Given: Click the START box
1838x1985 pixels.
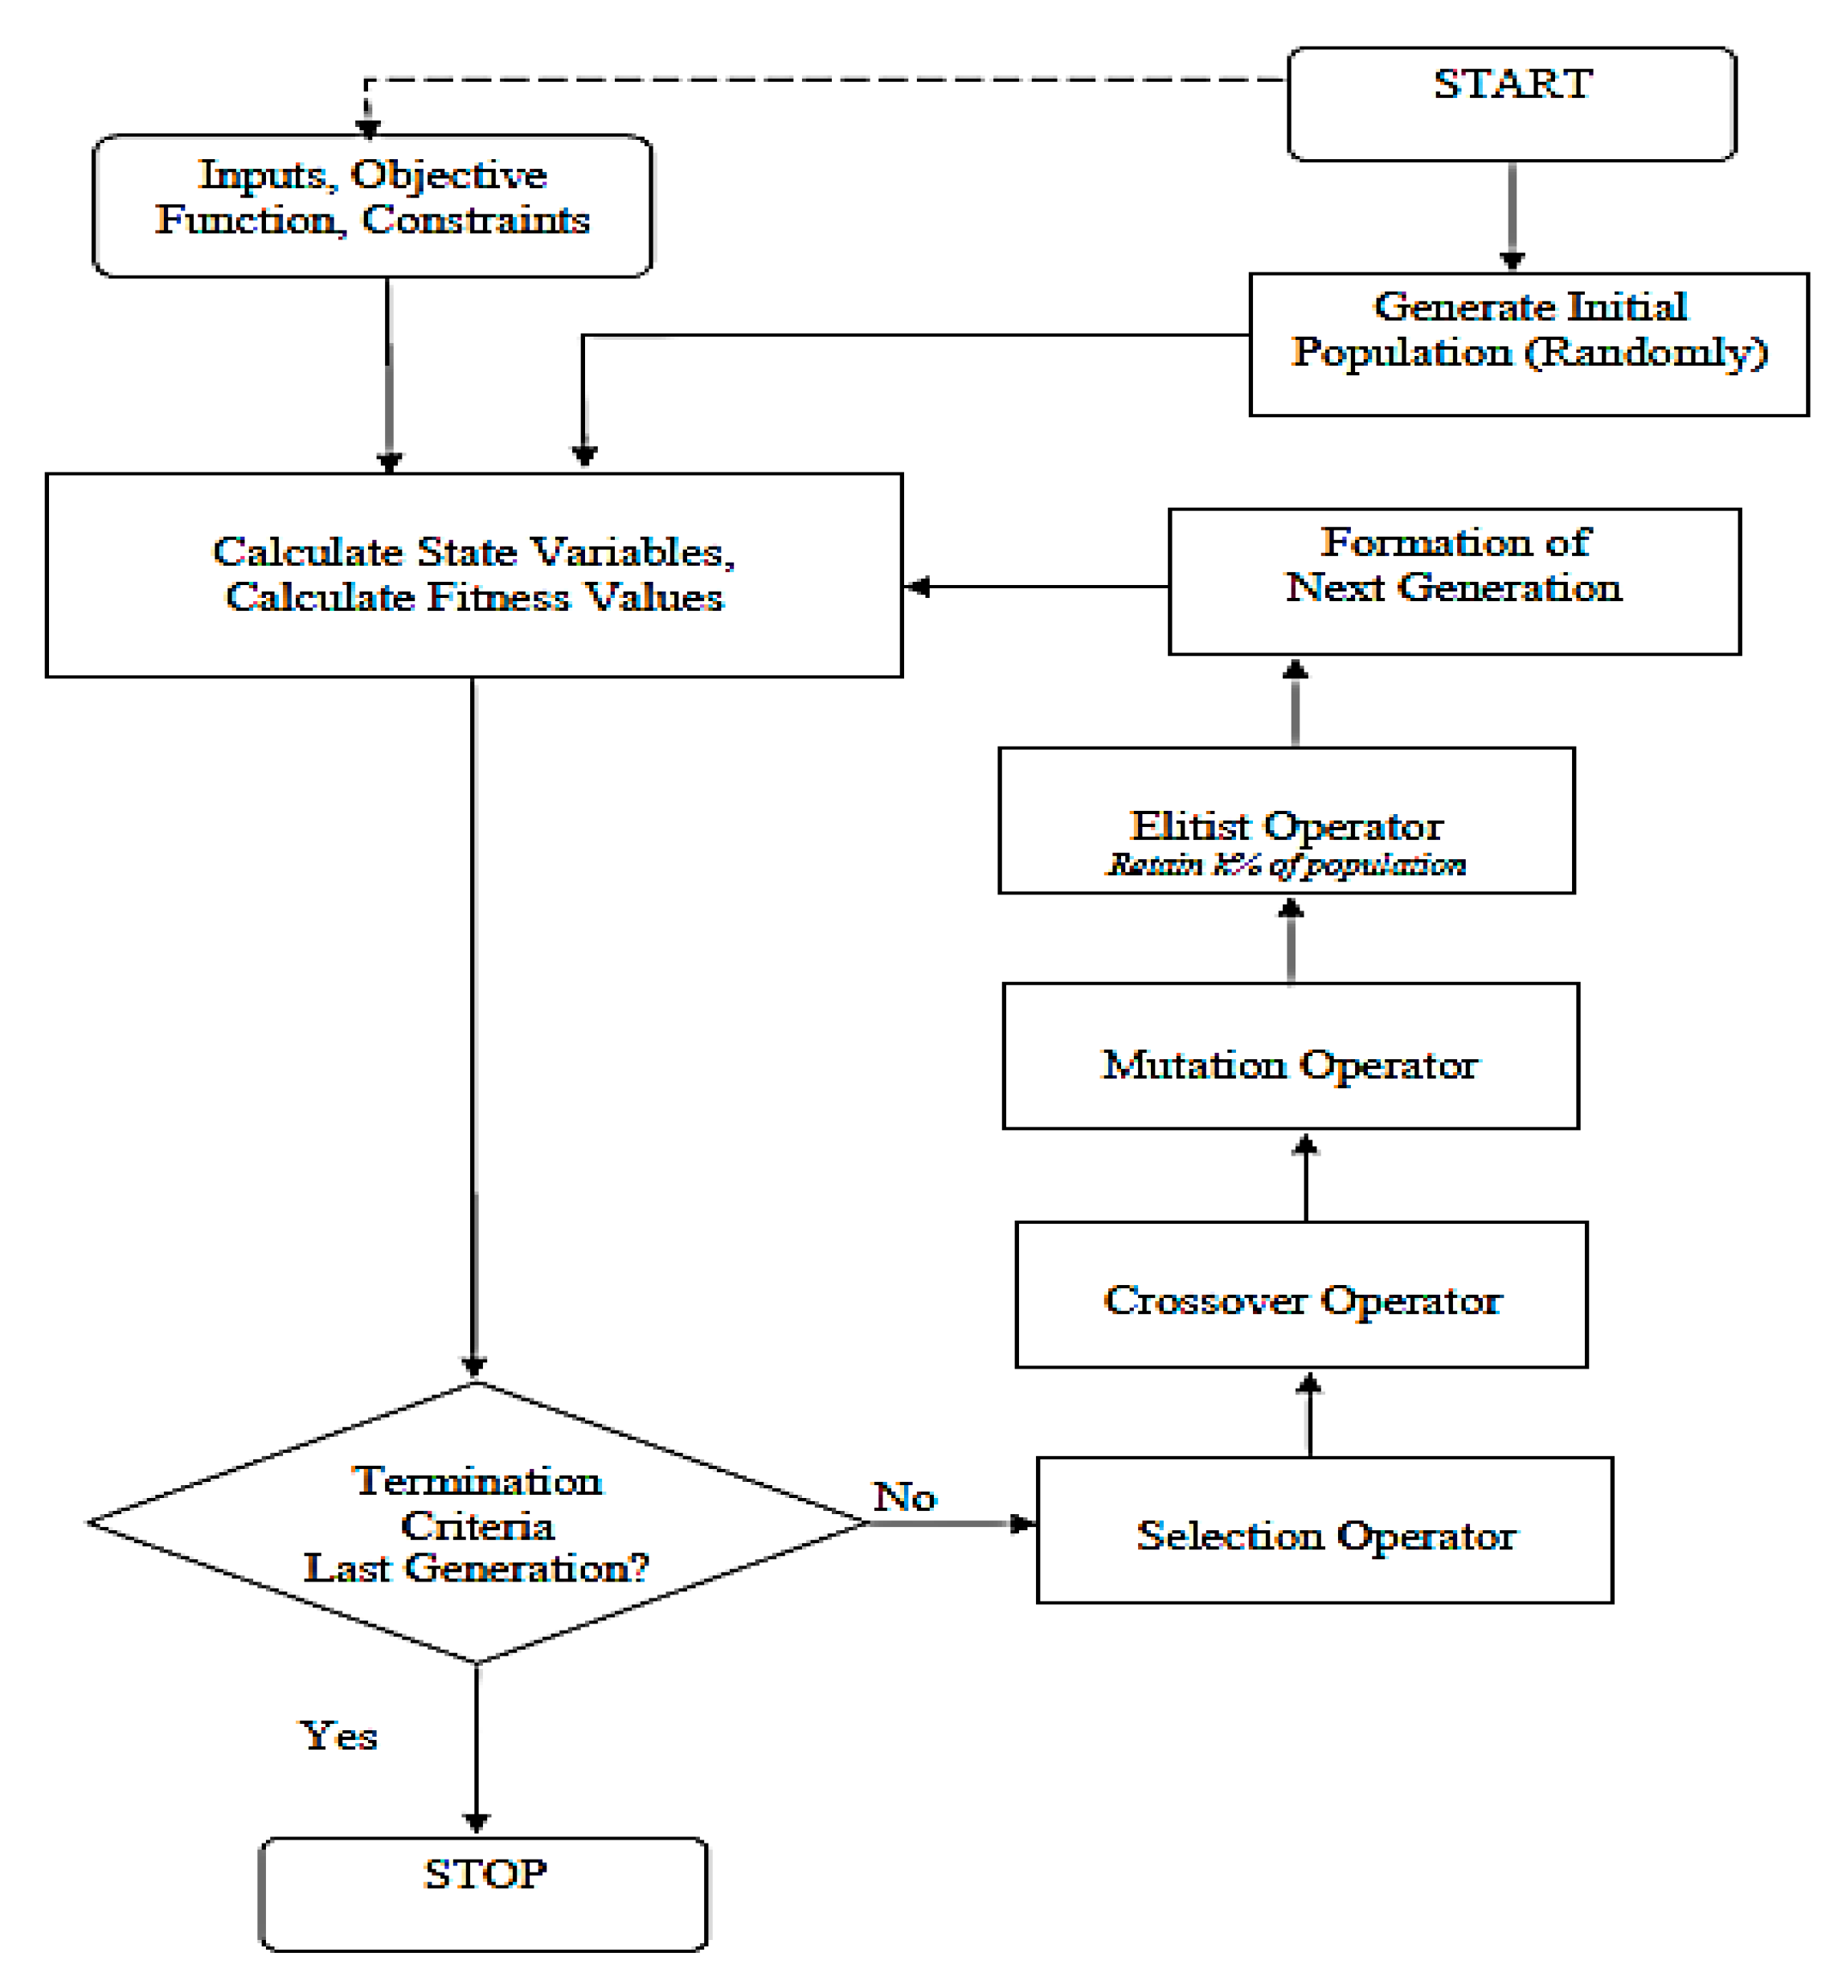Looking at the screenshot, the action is (x=1512, y=104).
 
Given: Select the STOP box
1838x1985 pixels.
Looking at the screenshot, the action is (x=483, y=1894).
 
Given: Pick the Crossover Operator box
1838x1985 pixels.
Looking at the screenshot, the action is (x=1301, y=1295).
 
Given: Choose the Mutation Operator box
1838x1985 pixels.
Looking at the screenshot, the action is (x=1291, y=1056).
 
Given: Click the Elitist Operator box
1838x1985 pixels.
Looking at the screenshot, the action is (x=1287, y=821).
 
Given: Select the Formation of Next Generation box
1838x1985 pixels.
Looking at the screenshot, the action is (x=1454, y=582).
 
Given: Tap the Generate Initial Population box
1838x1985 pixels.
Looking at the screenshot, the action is (x=1529, y=344).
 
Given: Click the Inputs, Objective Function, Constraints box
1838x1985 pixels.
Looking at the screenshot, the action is (x=373, y=206).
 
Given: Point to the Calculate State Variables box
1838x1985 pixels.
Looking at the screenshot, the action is (x=474, y=575).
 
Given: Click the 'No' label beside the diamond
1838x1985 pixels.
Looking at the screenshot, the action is (x=904, y=1496).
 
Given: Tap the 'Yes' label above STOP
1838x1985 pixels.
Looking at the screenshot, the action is (x=339, y=1735).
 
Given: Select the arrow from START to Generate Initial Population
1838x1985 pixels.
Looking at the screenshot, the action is (x=1512, y=217).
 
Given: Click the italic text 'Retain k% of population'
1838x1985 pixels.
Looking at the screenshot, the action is (x=1287, y=864).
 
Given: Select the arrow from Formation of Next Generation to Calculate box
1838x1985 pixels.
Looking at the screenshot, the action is (x=1037, y=587).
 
